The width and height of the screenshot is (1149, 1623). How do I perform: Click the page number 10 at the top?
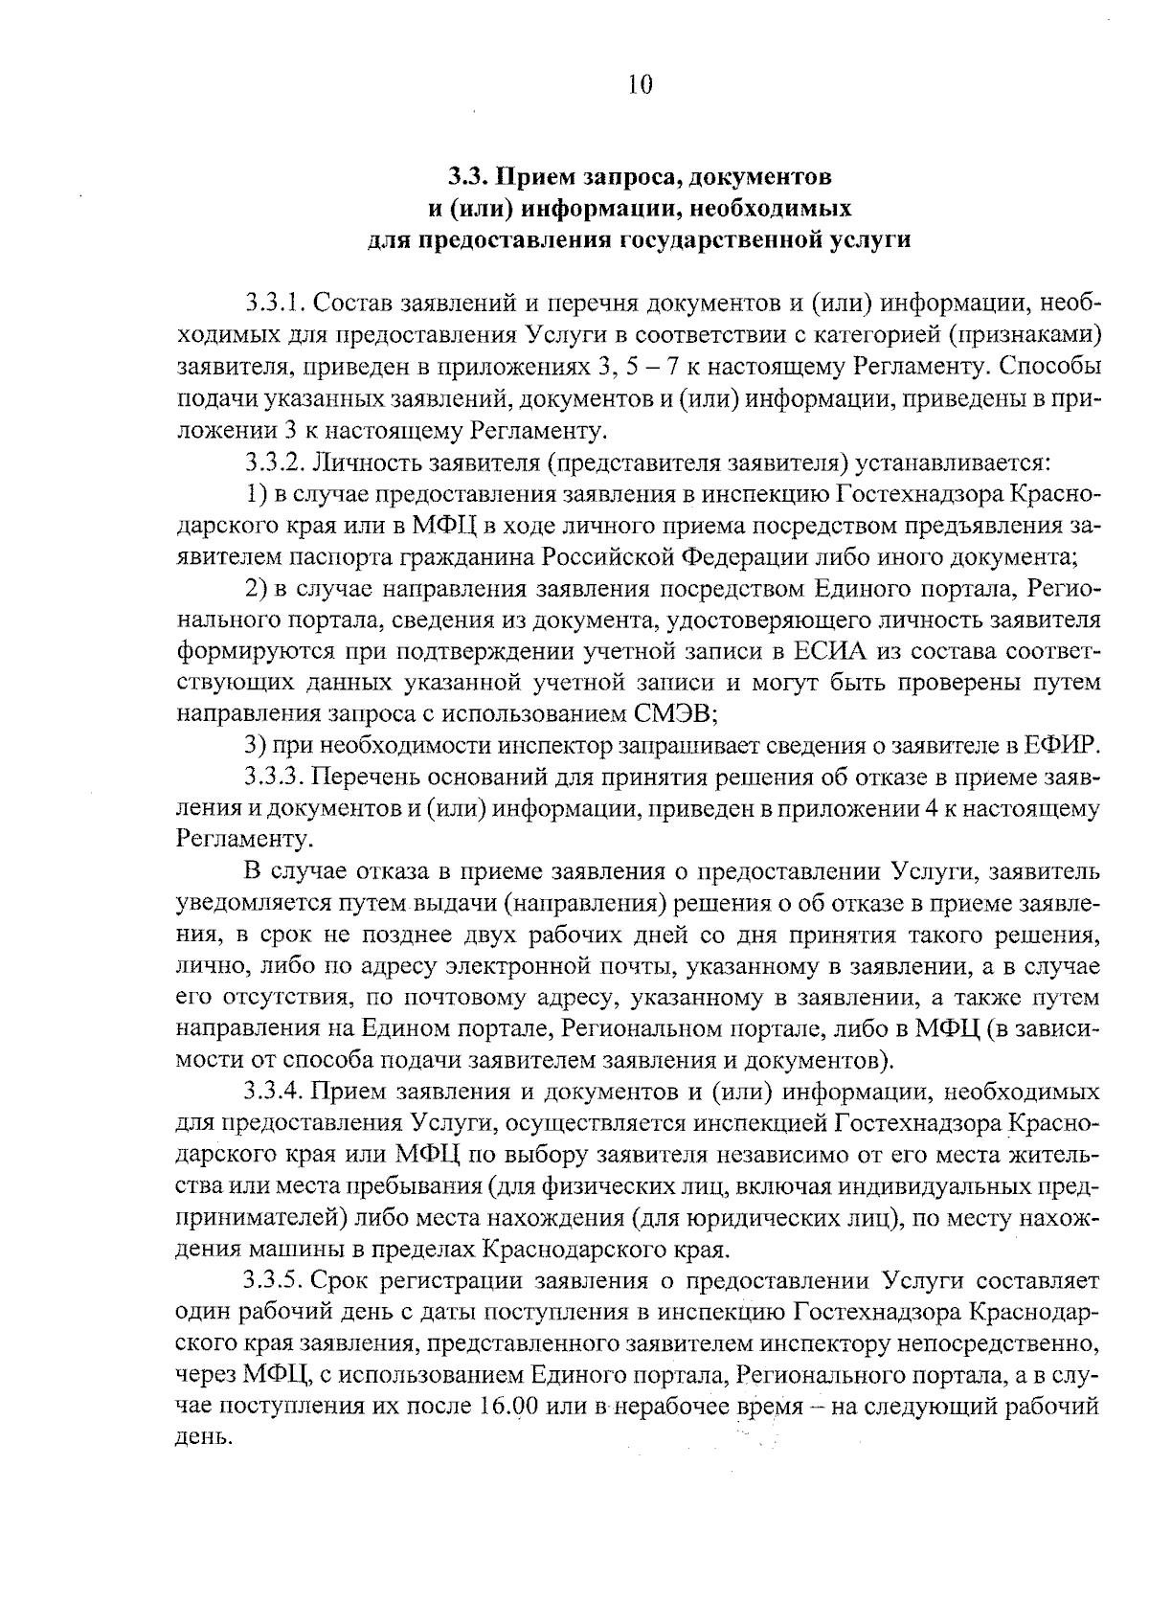[x=641, y=85]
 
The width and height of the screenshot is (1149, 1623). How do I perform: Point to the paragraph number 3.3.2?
[x=275, y=462]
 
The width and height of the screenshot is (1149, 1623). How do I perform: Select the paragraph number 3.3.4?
[x=275, y=1091]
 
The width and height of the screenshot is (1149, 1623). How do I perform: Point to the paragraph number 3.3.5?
[x=275, y=1280]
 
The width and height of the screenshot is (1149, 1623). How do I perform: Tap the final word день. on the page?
[x=204, y=1438]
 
